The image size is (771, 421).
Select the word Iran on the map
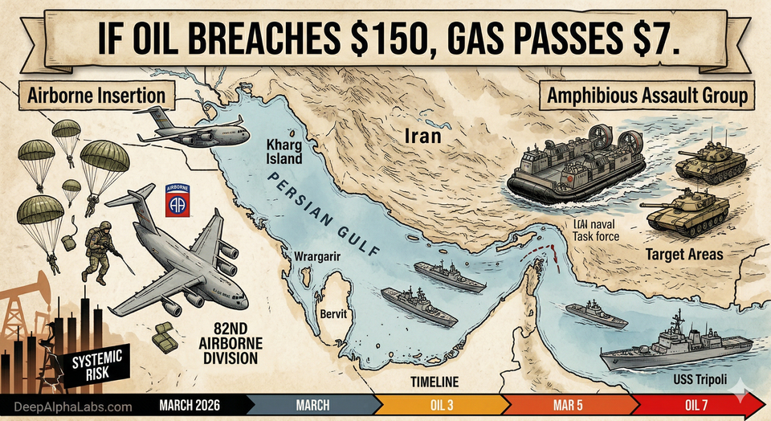tap(422, 135)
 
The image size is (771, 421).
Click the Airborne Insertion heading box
tap(96, 96)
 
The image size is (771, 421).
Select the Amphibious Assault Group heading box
tap(647, 96)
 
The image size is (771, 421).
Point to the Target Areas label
tap(683, 255)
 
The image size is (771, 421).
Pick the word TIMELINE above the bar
tap(434, 382)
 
